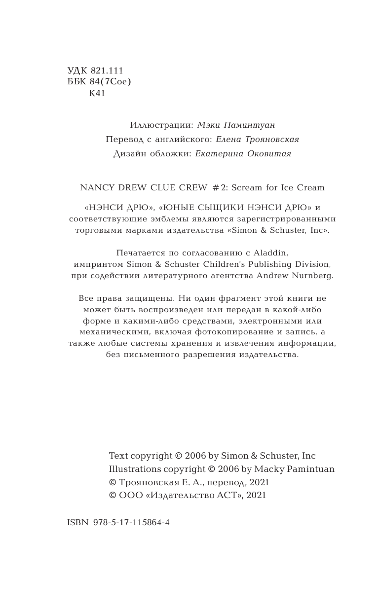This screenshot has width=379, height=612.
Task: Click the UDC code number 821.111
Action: (107, 71)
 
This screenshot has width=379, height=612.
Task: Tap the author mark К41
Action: (97, 93)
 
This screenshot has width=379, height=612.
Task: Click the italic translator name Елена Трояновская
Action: (258, 140)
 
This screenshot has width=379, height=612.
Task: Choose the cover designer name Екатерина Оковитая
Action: (243, 154)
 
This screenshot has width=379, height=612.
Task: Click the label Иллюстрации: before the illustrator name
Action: (161, 125)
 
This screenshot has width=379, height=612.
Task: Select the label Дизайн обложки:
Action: (152, 154)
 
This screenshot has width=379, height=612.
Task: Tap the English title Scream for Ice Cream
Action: (278, 187)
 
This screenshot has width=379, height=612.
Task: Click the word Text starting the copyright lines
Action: (118, 456)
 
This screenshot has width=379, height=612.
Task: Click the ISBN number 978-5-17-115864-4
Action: (131, 522)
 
